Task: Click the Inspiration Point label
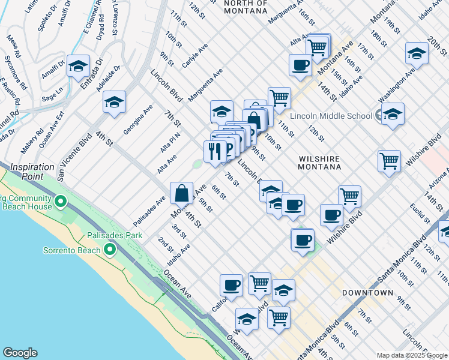pos(27,171)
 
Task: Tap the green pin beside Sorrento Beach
pos(110,249)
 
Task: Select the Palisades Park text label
pos(115,235)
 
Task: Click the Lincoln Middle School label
pos(332,116)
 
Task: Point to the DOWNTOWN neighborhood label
pos(367,293)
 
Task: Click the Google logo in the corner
pos(20,353)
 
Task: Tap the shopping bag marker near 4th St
pos(181,193)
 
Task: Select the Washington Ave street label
pos(398,86)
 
